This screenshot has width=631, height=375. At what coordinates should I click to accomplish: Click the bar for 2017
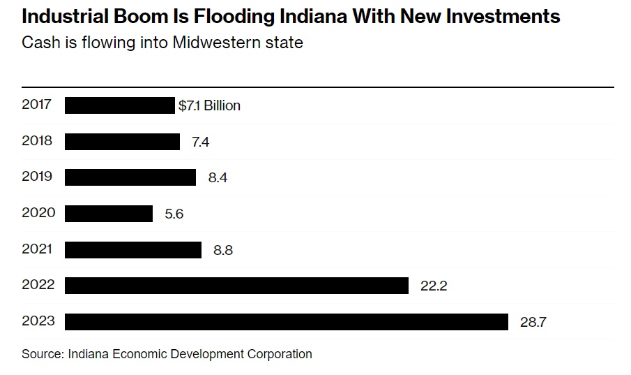pos(119,105)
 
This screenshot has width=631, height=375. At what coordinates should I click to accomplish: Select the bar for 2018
pos(122,142)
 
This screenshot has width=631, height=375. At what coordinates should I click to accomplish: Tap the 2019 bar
pos(130,177)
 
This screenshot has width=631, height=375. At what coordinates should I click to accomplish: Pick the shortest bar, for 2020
pos(109,214)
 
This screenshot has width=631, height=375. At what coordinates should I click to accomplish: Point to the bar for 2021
pos(133,249)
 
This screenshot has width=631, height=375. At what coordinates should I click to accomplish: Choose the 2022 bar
pos(236,286)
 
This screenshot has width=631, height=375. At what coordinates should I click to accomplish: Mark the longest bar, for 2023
pos(287,322)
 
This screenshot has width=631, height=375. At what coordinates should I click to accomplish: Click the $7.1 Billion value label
pos(209,105)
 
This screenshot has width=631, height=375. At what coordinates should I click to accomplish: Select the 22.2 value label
pos(433,286)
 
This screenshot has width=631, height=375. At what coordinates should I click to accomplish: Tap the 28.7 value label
pos(533,322)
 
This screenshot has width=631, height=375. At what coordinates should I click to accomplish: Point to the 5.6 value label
pos(174,214)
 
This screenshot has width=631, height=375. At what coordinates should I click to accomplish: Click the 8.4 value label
pos(218,177)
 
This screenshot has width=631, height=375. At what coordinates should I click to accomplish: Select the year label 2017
pos(37,105)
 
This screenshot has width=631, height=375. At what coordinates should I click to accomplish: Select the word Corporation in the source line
pos(279,353)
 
